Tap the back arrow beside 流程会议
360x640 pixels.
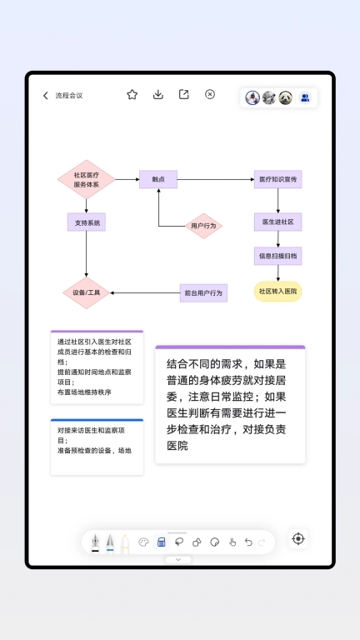tap(46, 96)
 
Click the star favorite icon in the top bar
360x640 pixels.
tap(132, 95)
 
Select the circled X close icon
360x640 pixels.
tap(210, 95)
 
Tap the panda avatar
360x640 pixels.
tap(286, 97)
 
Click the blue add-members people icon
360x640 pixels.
tap(305, 97)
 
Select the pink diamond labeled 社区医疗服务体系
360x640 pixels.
tap(86, 180)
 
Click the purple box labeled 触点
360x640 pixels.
tap(158, 179)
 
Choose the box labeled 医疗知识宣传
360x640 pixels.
tap(277, 179)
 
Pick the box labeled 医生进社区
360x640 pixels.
tap(277, 222)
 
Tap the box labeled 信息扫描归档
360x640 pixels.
tap(277, 256)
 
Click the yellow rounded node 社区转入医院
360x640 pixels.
tap(277, 292)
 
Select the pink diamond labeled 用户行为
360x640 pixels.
tap(203, 226)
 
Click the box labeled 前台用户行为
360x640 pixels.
tap(203, 292)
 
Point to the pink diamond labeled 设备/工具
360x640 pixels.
tap(86, 293)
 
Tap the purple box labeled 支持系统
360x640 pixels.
tap(86, 222)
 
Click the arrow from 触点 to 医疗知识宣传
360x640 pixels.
tap(215, 179)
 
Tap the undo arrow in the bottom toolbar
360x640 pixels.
tap(248, 542)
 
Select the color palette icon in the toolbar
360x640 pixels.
tap(143, 542)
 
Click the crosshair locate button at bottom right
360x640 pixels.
tap(298, 539)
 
